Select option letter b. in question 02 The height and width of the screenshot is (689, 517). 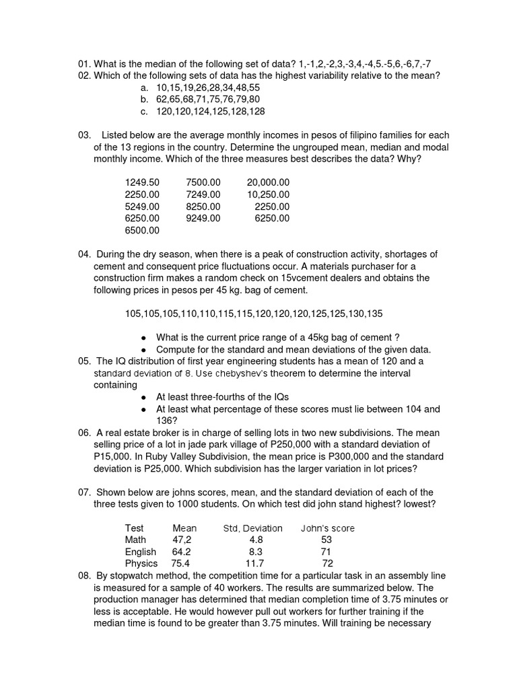[x=145, y=100]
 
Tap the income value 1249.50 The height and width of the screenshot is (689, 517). [x=142, y=182]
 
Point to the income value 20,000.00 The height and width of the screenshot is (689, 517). [x=268, y=182]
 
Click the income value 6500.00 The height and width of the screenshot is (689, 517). [x=142, y=231]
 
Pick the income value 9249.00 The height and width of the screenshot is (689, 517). [x=203, y=219]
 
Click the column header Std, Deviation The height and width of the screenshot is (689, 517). [x=252, y=528]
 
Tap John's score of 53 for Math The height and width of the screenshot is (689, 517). [x=326, y=540]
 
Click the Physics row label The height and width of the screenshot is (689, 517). [x=141, y=564]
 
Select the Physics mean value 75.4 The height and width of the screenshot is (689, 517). [x=180, y=564]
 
